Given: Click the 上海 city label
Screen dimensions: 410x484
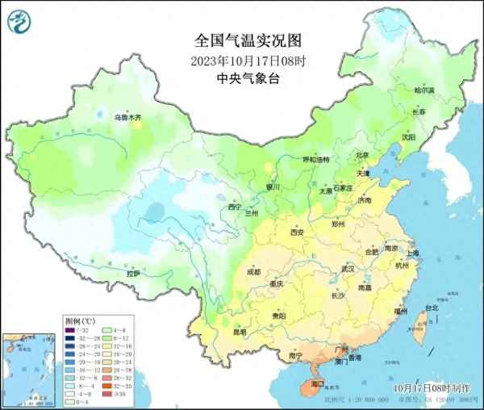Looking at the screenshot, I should (x=412, y=253).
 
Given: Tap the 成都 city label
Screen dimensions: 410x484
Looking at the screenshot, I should (x=253, y=272).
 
